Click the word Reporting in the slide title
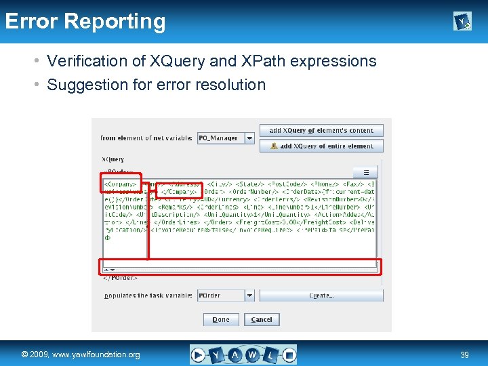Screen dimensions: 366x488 coord(115,22)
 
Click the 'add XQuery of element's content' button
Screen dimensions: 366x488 coord(321,130)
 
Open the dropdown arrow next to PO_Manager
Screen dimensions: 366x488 coord(249,138)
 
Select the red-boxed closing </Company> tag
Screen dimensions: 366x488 coord(178,191)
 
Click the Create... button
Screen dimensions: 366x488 coord(321,296)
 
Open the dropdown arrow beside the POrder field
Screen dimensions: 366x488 coord(249,296)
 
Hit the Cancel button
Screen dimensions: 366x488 coord(262,319)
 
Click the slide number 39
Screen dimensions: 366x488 coord(465,354)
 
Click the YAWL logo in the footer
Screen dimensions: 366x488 coord(243,354)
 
